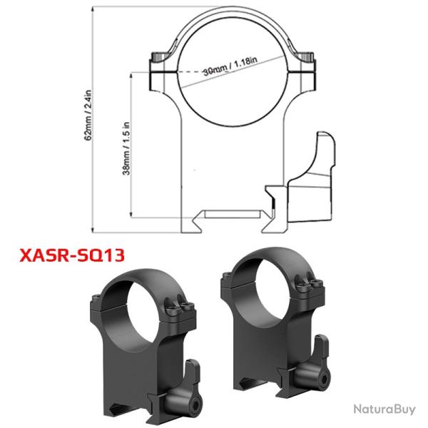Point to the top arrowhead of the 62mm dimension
click(93, 9)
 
